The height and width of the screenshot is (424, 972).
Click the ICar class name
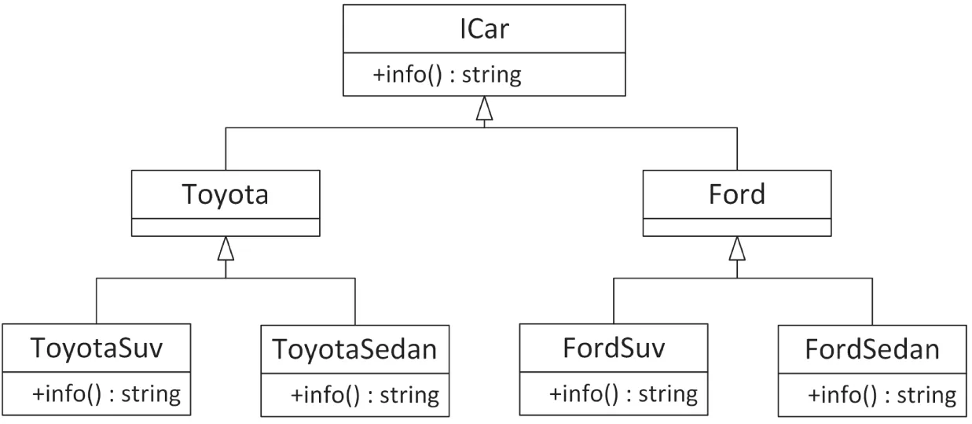[x=485, y=31]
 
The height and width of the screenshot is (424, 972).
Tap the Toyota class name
[x=226, y=194]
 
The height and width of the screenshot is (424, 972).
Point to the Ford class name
[x=736, y=194]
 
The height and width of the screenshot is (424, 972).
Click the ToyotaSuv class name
[x=96, y=348]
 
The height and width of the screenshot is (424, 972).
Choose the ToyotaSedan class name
[x=354, y=348]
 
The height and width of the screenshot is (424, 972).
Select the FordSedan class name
[x=871, y=348]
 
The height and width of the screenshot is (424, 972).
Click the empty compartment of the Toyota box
[x=226, y=227]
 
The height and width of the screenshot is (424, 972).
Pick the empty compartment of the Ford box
[x=736, y=227]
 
